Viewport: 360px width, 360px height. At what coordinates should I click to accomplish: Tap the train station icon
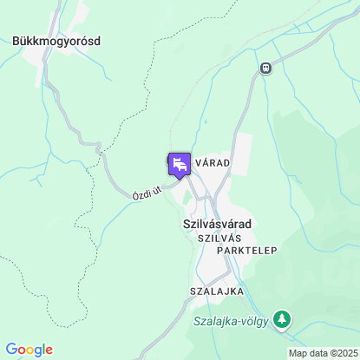tap(265, 68)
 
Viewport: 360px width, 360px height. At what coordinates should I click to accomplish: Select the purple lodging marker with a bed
tap(180, 164)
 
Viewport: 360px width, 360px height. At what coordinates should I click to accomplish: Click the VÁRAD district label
tap(213, 163)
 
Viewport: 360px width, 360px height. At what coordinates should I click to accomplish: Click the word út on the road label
tap(158, 187)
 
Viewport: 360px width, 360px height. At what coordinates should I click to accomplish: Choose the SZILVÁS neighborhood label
tap(219, 238)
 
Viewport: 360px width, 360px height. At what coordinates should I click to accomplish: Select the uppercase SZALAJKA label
tap(213, 291)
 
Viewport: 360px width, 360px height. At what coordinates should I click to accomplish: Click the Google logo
tap(29, 350)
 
